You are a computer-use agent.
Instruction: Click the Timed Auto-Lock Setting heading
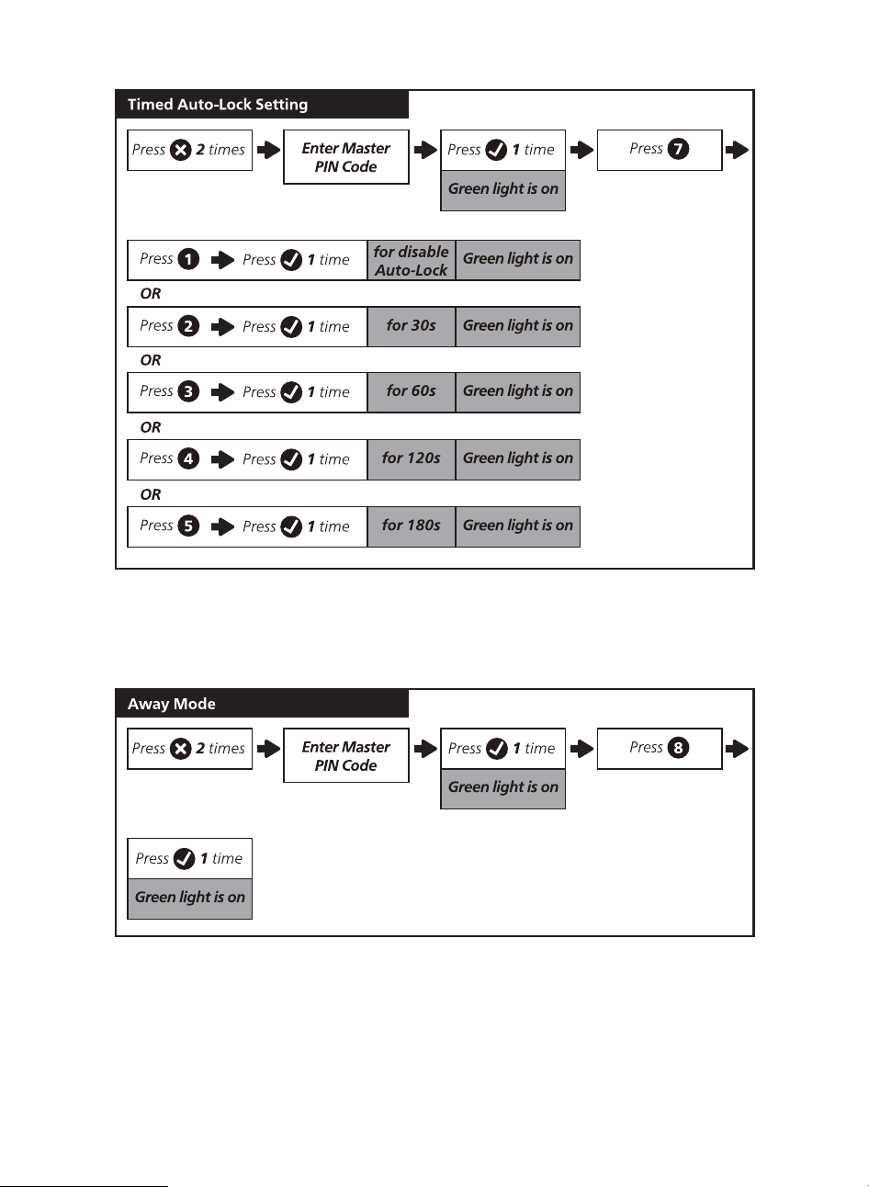point(217,105)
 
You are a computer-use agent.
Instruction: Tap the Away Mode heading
point(171,704)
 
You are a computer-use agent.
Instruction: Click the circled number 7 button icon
point(678,149)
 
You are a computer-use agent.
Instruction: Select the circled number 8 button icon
point(678,748)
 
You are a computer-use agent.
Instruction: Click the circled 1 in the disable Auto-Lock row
point(188,259)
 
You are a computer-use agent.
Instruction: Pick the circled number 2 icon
point(188,326)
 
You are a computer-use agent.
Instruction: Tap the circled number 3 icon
point(188,391)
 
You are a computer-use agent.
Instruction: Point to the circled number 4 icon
point(188,458)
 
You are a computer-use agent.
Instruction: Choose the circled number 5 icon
point(188,526)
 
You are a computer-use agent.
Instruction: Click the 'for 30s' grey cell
point(412,326)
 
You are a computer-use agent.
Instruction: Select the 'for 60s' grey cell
point(412,392)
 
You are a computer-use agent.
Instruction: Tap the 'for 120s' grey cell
point(412,459)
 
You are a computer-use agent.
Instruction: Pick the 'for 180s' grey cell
point(412,526)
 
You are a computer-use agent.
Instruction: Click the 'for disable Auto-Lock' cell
point(412,260)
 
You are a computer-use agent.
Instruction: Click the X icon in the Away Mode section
point(181,749)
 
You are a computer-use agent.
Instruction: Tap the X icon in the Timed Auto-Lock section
point(181,150)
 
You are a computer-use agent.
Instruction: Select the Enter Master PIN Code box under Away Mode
point(346,755)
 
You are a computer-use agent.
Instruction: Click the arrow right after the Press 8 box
point(737,749)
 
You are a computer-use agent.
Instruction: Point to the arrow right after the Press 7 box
point(737,150)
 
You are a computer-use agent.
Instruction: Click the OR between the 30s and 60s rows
point(151,360)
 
